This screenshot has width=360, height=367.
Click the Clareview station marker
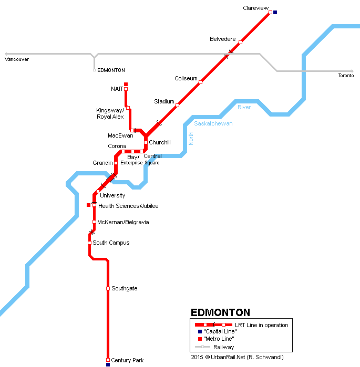click(270, 12)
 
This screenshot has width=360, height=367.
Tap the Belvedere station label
click(222, 39)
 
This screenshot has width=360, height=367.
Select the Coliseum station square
click(200, 82)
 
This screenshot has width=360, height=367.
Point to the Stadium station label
click(164, 101)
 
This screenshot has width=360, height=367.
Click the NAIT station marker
click(126, 89)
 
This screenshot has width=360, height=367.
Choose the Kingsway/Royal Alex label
click(110, 113)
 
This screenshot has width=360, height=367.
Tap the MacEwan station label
click(120, 135)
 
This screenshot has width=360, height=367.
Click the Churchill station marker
click(146, 142)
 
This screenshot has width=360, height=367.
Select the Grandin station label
click(102, 163)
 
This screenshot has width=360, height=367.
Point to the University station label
click(112, 195)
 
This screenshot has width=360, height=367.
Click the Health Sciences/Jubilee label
click(128, 206)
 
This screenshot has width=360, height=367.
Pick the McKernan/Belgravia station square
click(94, 222)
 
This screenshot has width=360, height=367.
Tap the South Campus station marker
click(89, 243)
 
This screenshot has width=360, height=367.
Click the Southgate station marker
click(108, 289)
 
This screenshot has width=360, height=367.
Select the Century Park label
click(127, 360)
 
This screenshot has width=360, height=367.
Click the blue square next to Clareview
click(275, 12)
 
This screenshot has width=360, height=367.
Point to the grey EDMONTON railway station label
click(111, 70)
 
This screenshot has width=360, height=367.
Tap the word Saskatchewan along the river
click(213, 123)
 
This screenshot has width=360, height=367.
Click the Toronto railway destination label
click(346, 76)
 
